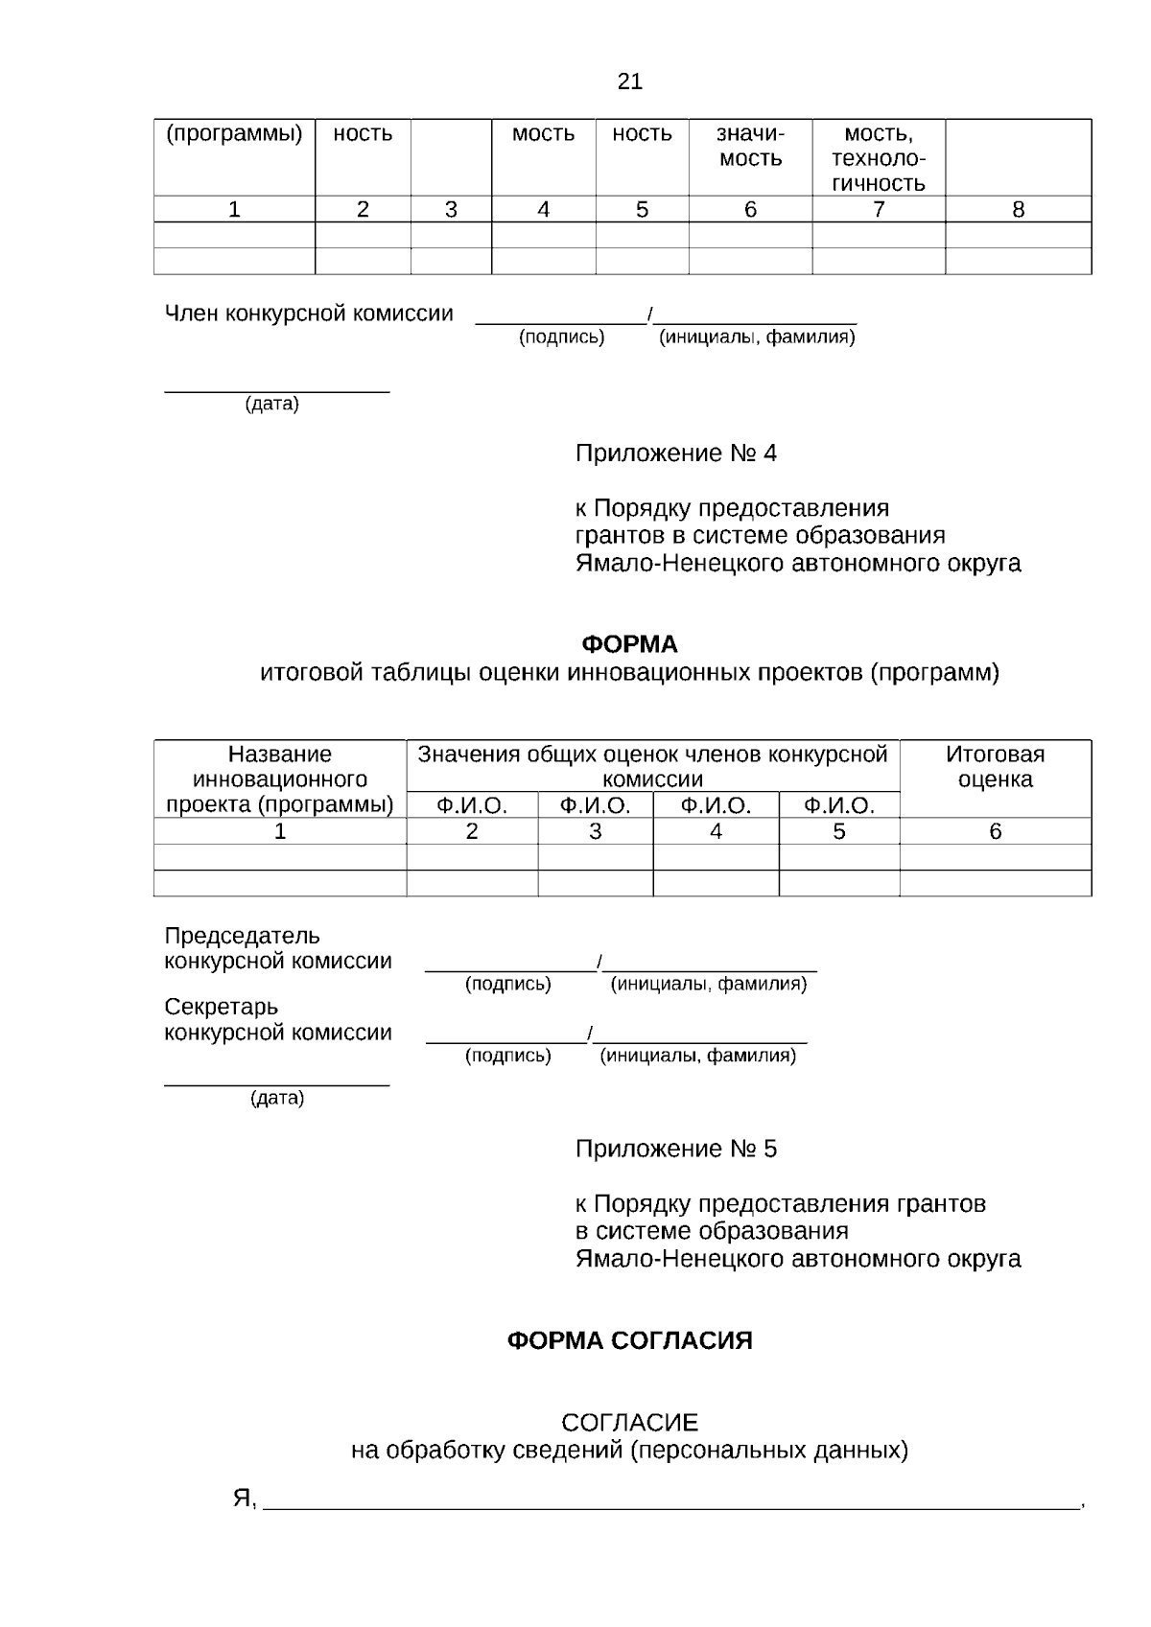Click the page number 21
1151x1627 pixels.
pos(630,81)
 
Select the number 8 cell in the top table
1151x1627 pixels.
pos(1018,210)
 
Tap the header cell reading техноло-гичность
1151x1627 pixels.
pos(878,158)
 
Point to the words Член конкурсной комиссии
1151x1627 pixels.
pos(309,314)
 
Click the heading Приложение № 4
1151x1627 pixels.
pos(675,453)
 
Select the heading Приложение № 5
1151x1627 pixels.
pos(675,1149)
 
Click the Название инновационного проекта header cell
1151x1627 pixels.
pos(280,779)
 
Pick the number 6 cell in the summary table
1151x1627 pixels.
pos(995,831)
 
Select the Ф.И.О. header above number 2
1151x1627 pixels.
pos(472,806)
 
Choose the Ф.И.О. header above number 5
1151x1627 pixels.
pos(839,806)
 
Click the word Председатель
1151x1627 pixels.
pos(242,936)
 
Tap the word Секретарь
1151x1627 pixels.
pos(222,1008)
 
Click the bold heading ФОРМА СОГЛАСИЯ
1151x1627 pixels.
pos(629,1340)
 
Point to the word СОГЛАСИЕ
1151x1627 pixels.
pos(629,1423)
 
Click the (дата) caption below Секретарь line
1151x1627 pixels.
pos(277,1098)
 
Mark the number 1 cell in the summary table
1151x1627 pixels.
pos(280,831)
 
